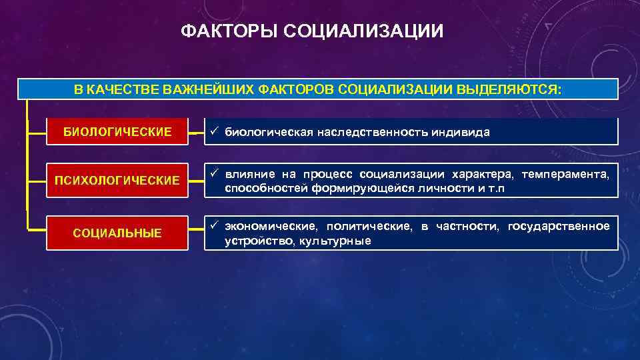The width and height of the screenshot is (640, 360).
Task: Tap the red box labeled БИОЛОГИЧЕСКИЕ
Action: [117, 131]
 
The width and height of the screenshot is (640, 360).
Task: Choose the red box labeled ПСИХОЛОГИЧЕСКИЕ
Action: [117, 181]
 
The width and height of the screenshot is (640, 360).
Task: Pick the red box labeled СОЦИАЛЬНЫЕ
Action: [117, 233]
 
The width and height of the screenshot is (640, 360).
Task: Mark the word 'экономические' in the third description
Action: [271, 227]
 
